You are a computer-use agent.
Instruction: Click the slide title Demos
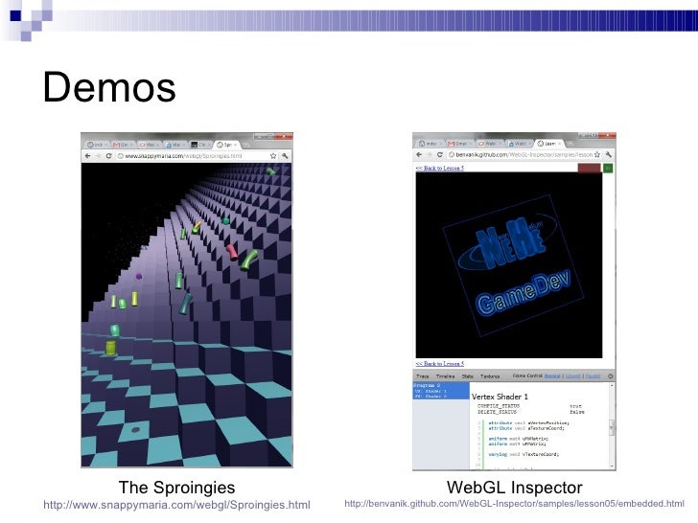coord(109,88)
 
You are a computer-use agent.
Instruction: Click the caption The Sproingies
coord(176,489)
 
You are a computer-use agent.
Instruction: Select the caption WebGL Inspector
coord(514,489)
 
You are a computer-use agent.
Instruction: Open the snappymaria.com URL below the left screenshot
coord(177,505)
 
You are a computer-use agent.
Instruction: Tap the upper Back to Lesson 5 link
coord(439,168)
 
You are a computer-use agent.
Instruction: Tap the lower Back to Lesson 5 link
coord(439,364)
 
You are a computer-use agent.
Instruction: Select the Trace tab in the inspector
coord(423,376)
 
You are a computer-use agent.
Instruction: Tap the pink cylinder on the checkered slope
coord(232,251)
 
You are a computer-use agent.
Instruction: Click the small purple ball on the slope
coord(139,278)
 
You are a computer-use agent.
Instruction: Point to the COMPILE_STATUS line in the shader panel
coord(508,406)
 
